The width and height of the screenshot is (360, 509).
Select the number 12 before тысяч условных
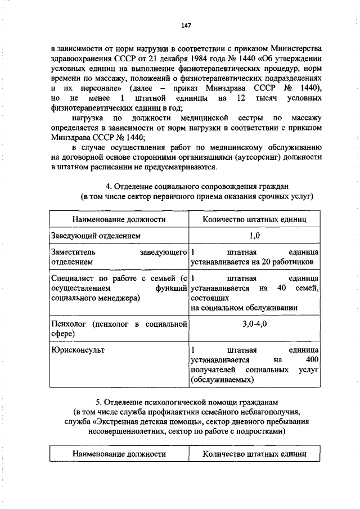240,99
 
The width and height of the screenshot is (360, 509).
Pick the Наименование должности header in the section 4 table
118,219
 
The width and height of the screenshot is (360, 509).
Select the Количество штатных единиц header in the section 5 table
254,453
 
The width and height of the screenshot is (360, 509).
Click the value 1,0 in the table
254,236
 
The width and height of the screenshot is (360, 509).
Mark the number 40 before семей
282,288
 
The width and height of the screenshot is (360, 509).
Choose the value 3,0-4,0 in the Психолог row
254,325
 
